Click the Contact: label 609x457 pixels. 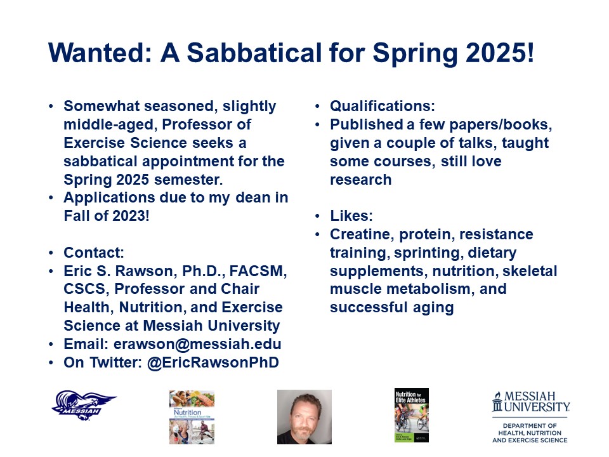[94, 253]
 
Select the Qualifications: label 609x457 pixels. [382, 106]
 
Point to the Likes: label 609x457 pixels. [350, 216]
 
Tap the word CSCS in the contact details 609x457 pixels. [84, 289]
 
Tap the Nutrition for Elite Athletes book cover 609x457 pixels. [412, 415]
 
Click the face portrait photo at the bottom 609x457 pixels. [304, 416]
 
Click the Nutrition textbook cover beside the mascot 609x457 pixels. [192, 416]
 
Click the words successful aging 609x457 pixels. [391, 308]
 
